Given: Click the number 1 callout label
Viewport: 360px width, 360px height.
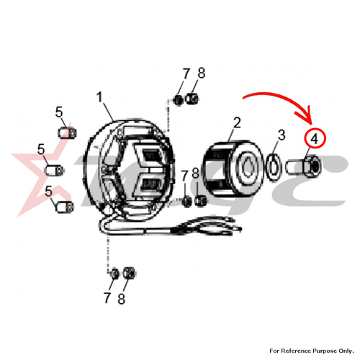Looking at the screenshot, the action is click(99, 98).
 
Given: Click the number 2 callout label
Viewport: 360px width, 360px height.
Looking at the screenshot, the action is click(237, 122).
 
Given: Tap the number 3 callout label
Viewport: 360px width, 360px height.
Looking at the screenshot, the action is click(282, 135).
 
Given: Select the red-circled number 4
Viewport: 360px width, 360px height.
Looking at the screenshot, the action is click(314, 139).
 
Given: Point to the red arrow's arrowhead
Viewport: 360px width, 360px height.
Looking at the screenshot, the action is click(308, 117).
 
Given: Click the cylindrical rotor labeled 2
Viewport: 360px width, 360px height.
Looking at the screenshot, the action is click(233, 169).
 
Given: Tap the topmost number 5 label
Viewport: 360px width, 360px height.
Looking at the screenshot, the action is click(59, 112).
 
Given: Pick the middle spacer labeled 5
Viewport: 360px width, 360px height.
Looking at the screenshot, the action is click(54, 170).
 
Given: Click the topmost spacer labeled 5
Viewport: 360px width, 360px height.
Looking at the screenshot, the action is click(67, 132).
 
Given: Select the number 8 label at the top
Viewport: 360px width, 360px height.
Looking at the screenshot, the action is click(202, 73).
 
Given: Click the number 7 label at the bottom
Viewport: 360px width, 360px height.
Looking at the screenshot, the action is click(107, 298).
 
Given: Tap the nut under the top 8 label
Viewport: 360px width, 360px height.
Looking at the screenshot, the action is click(192, 99).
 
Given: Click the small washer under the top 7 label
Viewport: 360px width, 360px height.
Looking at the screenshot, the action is click(179, 100).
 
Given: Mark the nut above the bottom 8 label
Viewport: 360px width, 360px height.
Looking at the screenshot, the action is click(129, 273).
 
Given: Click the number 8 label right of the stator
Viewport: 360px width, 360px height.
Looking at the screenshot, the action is click(196, 174).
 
